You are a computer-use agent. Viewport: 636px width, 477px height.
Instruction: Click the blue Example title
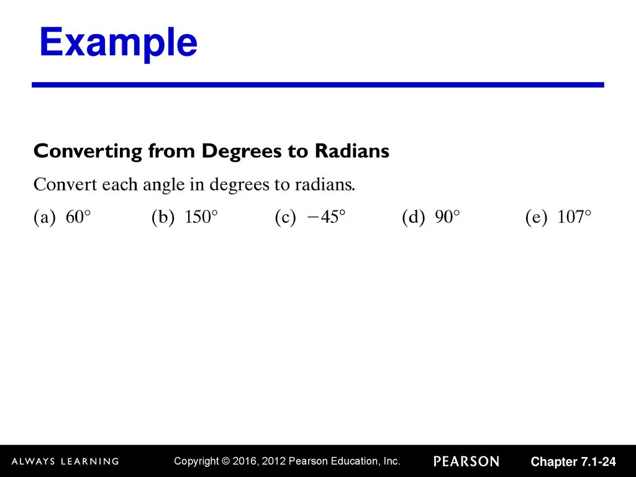click(x=119, y=43)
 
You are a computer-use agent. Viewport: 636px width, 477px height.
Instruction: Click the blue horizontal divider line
click(x=318, y=84)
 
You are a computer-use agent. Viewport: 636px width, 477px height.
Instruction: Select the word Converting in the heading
click(x=88, y=152)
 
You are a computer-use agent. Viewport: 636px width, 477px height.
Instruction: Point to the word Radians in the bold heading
click(x=352, y=151)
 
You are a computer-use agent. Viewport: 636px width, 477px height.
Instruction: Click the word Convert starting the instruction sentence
click(x=65, y=184)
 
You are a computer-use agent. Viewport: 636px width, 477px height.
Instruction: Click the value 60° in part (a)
click(x=78, y=217)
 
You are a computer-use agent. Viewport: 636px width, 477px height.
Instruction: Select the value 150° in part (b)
click(x=201, y=217)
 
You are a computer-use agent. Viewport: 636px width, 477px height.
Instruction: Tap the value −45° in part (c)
click(x=327, y=217)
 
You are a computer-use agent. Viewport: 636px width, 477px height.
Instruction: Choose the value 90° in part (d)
click(x=447, y=217)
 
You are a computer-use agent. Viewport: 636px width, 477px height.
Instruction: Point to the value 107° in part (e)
click(x=575, y=217)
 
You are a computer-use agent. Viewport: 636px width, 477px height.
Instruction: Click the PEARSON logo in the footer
click(x=466, y=461)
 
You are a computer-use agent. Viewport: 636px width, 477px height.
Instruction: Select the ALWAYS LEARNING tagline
click(x=65, y=461)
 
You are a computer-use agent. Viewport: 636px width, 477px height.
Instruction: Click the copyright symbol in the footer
click(x=225, y=461)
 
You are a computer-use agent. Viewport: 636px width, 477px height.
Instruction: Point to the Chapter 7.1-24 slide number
click(x=573, y=461)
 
